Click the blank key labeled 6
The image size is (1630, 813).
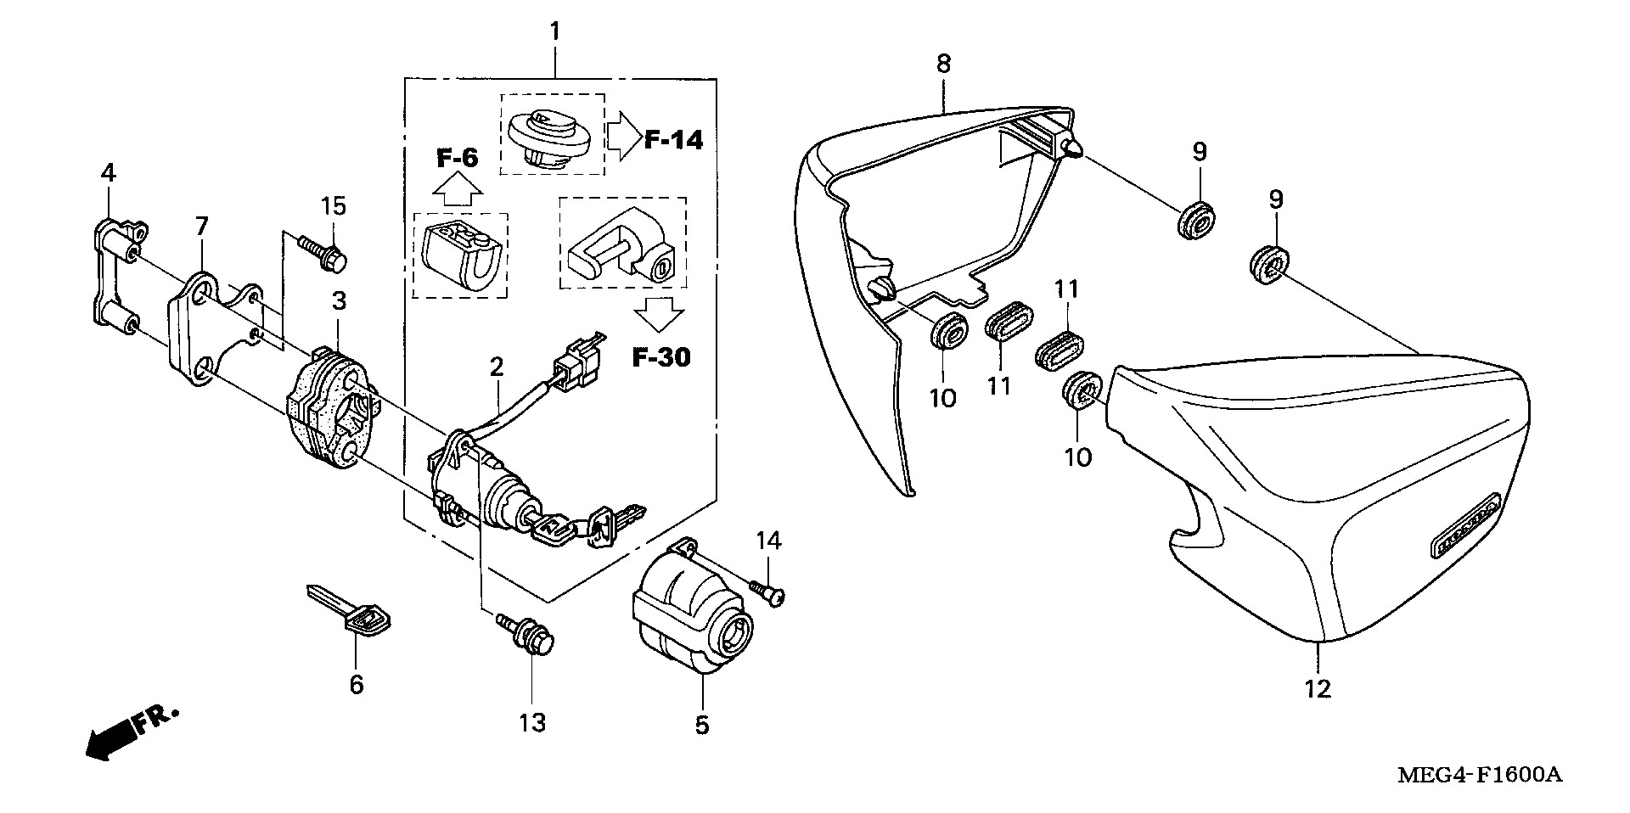[x=350, y=610]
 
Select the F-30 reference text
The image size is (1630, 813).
[x=661, y=357]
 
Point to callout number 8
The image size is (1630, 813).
[x=944, y=63]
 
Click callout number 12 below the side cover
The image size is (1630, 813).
[x=1318, y=690]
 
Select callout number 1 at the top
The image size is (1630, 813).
[x=554, y=33]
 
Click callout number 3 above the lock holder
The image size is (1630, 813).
[x=338, y=300]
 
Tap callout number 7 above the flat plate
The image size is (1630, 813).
[x=201, y=227]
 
